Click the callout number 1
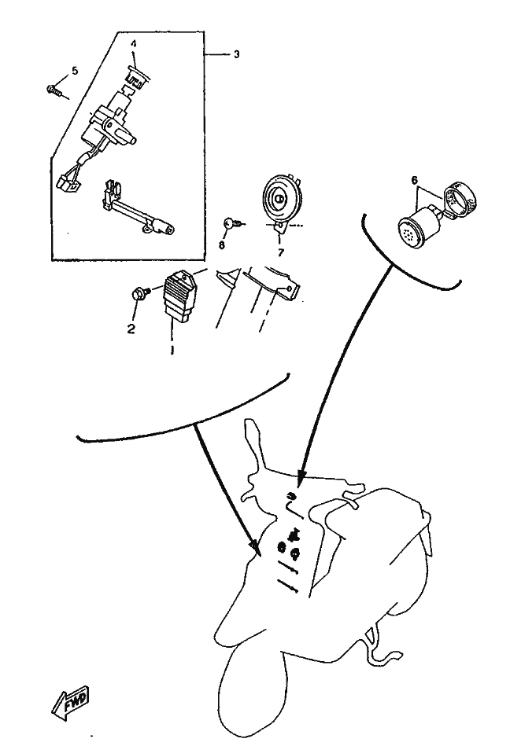pos(172,350)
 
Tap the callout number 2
pos(131,328)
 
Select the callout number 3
pos(236,54)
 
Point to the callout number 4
pos(134,44)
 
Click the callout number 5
pos(75,71)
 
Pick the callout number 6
pos(414,180)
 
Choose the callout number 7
pos(280,252)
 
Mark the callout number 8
pos(221,244)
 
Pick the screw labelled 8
pos(233,222)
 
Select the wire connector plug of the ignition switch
pos(66,183)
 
